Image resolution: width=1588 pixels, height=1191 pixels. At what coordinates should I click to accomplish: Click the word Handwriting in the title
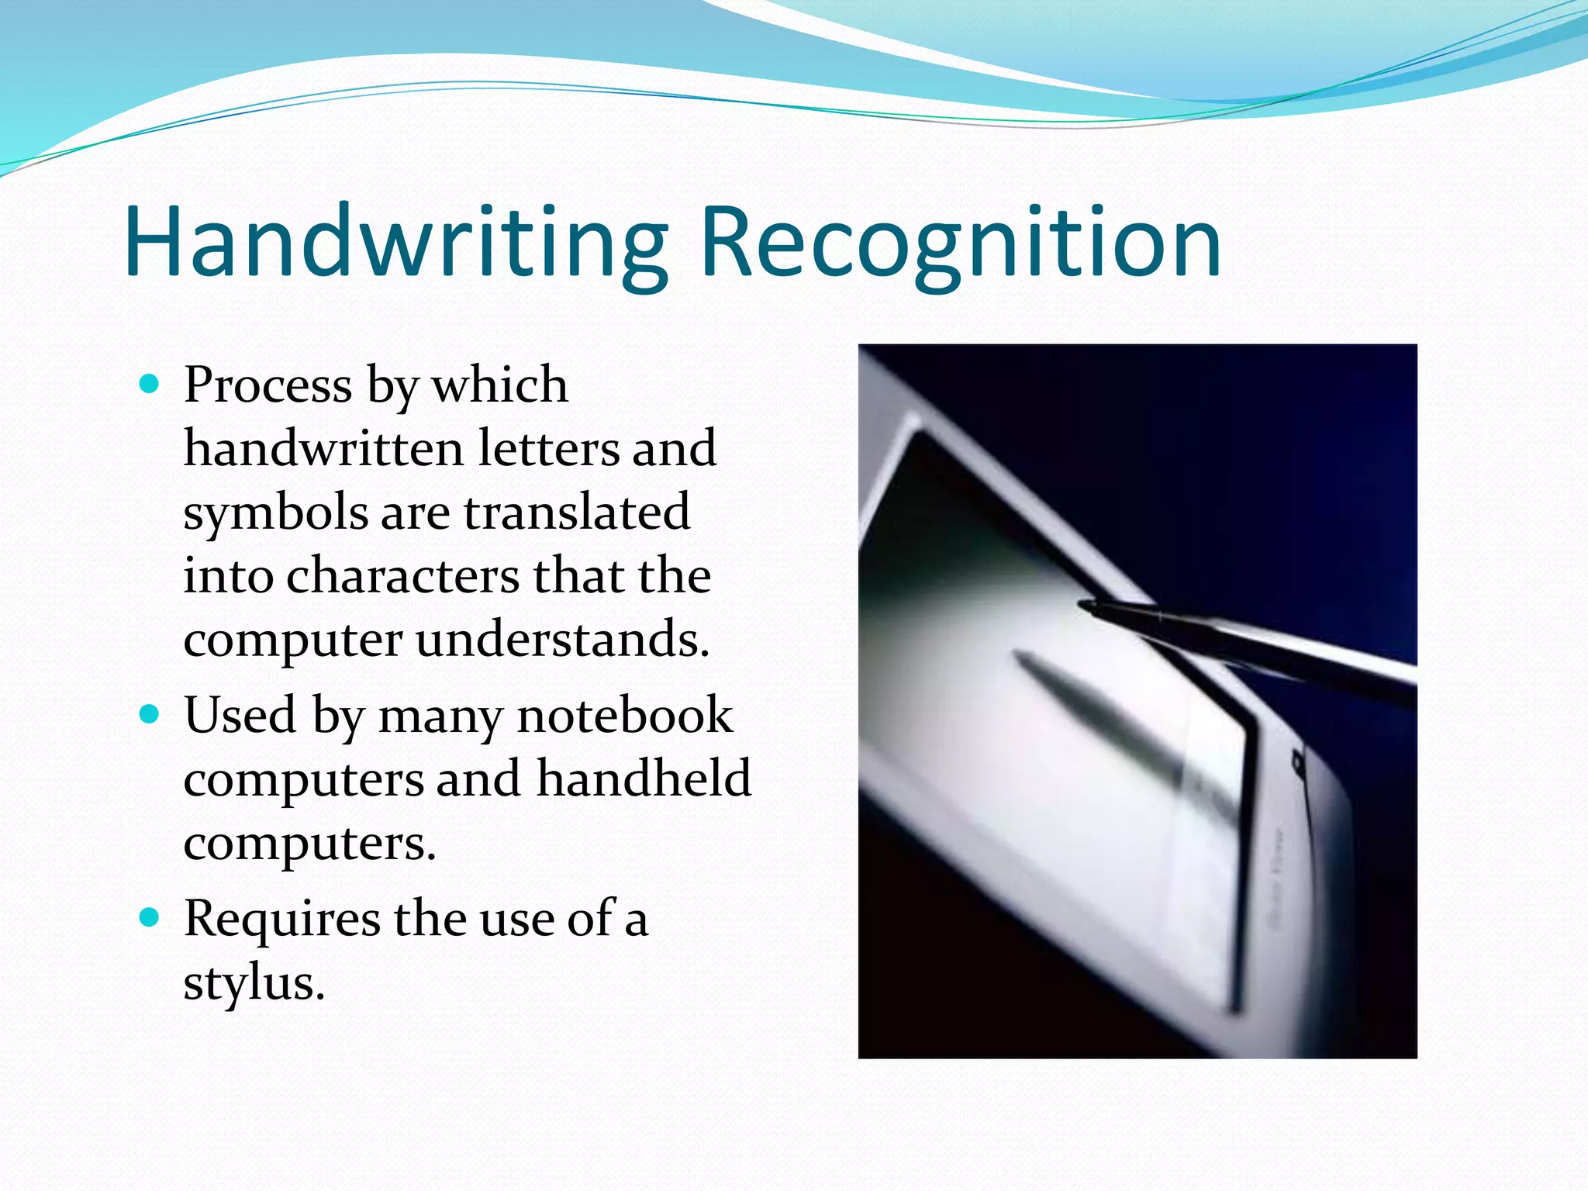(x=395, y=242)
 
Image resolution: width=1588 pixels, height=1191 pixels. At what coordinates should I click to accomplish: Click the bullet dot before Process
(x=149, y=383)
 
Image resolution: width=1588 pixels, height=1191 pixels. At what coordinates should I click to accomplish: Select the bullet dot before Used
(x=149, y=713)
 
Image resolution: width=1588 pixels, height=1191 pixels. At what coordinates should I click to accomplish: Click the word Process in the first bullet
(x=268, y=385)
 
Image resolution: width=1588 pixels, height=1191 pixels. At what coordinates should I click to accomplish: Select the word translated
(x=577, y=513)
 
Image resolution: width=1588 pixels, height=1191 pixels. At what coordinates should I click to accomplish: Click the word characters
(x=403, y=576)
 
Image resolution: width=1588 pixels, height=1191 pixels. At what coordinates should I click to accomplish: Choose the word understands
(x=562, y=640)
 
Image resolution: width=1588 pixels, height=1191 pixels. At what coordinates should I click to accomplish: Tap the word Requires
(x=281, y=919)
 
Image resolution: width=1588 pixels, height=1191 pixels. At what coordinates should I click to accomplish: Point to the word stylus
(x=253, y=983)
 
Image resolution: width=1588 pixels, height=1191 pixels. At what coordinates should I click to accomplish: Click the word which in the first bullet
(x=500, y=385)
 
